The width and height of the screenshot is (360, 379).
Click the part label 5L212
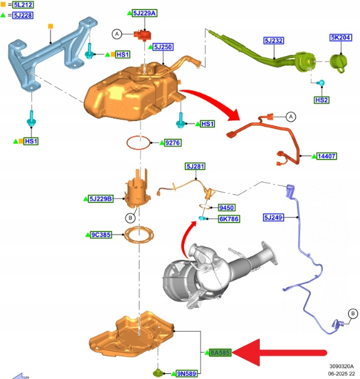tap(23, 4)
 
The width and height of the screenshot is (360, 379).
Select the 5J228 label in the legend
tap(23, 15)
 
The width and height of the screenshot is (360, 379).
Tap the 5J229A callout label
tap(144, 13)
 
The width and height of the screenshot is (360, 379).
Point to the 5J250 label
tap(163, 47)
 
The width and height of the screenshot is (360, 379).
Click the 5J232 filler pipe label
tap(274, 40)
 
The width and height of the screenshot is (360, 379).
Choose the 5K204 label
tap(340, 37)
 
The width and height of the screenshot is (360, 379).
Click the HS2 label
tap(322, 100)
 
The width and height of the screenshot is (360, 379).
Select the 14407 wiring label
tap(327, 156)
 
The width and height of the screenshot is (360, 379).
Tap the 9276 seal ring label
tap(173, 143)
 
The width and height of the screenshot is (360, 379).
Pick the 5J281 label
tap(195, 166)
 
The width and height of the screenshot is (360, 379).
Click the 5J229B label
tap(100, 199)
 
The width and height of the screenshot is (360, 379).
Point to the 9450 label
tap(226, 207)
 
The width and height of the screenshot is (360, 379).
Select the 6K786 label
tap(229, 219)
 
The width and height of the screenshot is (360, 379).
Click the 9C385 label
tap(101, 235)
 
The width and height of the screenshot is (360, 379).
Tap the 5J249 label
tap(273, 218)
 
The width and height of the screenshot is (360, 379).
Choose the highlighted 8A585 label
tap(219, 353)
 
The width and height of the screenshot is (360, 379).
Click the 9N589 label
tap(187, 374)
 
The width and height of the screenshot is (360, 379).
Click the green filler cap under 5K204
tap(339, 62)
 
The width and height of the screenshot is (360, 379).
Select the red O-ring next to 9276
tap(139, 143)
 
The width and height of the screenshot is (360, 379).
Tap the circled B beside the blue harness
tap(353, 314)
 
